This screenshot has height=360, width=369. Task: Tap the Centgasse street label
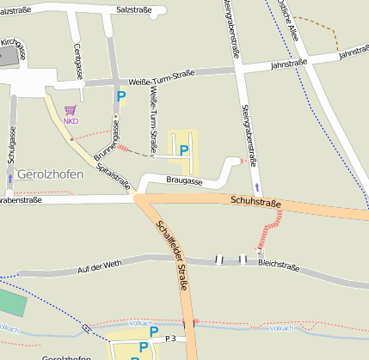point(78,61)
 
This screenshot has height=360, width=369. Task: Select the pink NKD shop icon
point(70,111)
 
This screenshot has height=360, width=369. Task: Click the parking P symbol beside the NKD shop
point(120,97)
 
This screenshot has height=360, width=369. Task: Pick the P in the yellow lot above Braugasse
point(183,150)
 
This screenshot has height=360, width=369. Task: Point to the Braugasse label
point(185,182)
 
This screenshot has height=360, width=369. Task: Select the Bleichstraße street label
point(279,267)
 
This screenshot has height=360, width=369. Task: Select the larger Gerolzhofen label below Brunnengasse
point(50,174)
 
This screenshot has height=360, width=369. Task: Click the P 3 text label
point(170,340)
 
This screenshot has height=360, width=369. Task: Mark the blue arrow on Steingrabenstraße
point(256,186)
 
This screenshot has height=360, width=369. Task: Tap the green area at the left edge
point(10,303)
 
